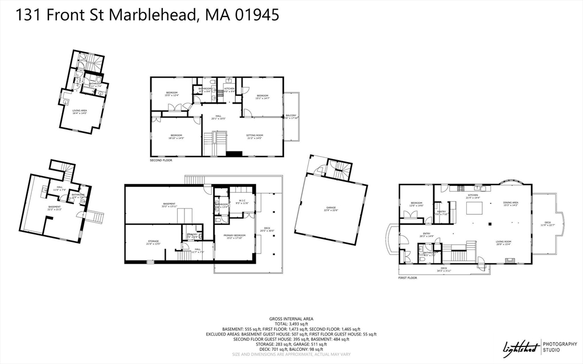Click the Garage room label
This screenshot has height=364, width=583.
point(331,209)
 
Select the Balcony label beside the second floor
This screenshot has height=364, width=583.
point(291,117)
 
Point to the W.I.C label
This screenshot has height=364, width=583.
point(242,202)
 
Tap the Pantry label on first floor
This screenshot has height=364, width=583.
point(442,212)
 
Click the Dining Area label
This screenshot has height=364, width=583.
point(510,203)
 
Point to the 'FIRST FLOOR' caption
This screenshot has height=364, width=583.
point(408,278)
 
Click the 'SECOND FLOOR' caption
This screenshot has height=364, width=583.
point(161,161)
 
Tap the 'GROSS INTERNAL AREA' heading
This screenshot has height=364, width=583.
point(291,318)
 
